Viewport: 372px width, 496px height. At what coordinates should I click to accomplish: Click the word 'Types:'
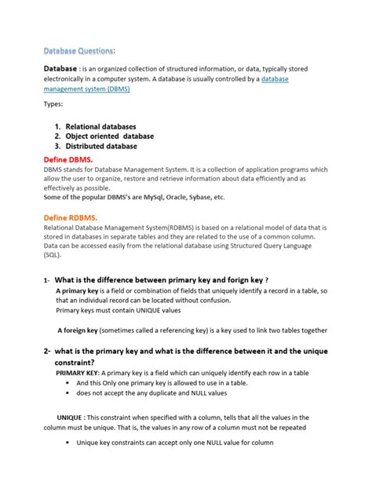(x=53, y=104)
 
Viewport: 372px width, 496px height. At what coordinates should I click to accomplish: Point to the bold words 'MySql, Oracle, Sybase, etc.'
(x=183, y=197)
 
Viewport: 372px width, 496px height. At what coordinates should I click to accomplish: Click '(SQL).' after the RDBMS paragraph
(x=54, y=255)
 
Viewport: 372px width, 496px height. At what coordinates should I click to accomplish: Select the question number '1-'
(x=47, y=281)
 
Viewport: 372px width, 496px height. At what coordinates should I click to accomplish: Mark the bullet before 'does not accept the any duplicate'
(x=69, y=393)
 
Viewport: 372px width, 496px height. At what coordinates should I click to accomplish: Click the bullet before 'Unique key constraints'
(x=69, y=443)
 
